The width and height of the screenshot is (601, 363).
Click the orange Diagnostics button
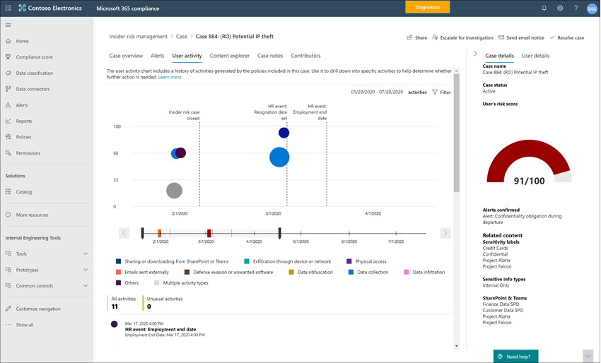[427, 7]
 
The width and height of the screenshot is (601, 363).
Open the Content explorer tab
[230, 56]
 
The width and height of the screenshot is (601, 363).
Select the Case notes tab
[270, 56]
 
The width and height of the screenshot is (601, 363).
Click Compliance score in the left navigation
[34, 57]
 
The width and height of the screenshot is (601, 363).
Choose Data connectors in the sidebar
[33, 89]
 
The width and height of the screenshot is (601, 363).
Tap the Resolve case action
[566, 37]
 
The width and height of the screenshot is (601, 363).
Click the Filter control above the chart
[441, 93]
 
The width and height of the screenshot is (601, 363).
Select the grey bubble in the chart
[174, 191]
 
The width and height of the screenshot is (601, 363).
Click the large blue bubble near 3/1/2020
[279, 157]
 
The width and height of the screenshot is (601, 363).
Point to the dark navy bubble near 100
[284, 133]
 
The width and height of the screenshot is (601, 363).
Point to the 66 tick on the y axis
[116, 153]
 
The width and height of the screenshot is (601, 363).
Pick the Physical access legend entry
[370, 261]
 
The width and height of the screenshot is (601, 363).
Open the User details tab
[535, 56]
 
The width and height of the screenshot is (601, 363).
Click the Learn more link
[170, 77]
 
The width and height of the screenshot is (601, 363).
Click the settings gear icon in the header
[560, 8]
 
